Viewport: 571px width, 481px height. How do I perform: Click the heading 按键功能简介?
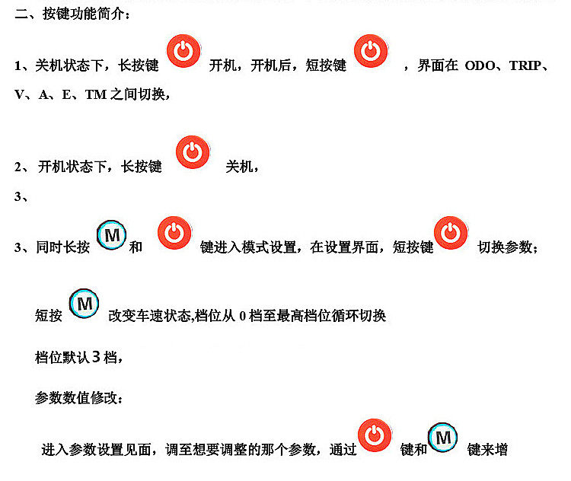pos(72,16)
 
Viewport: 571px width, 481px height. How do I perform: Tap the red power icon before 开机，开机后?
pos(183,52)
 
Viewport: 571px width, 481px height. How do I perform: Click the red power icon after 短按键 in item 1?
pos(371,52)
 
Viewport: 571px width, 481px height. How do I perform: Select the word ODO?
pos(480,66)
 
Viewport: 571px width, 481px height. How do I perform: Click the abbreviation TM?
pos(95,95)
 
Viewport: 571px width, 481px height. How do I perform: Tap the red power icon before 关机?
pos(193,151)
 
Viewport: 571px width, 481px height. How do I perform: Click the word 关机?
pos(241,167)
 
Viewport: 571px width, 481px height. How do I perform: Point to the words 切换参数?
pos(507,248)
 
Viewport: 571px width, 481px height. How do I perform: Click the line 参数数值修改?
pos(76,397)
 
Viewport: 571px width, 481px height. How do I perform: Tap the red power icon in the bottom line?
pos(375,436)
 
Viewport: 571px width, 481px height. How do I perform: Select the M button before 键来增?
pos(443,437)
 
